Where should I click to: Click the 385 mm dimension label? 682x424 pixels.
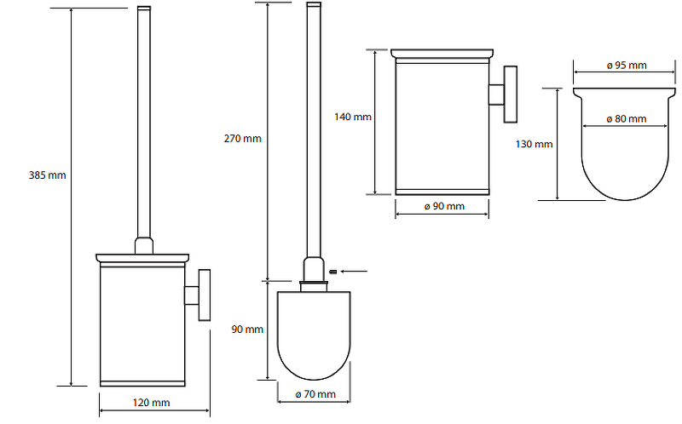(48, 175)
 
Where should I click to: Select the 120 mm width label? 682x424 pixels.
(151, 403)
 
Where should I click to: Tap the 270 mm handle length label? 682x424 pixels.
(243, 139)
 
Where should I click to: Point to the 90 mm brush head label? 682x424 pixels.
(247, 329)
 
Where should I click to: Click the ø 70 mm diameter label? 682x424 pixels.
(315, 394)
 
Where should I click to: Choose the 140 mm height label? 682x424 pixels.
(353, 117)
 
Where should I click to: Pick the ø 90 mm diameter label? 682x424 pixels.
(444, 206)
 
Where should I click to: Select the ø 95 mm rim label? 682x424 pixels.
(627, 66)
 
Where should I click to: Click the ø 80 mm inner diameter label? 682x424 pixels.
(627, 118)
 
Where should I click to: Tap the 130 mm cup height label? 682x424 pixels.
(535, 144)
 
